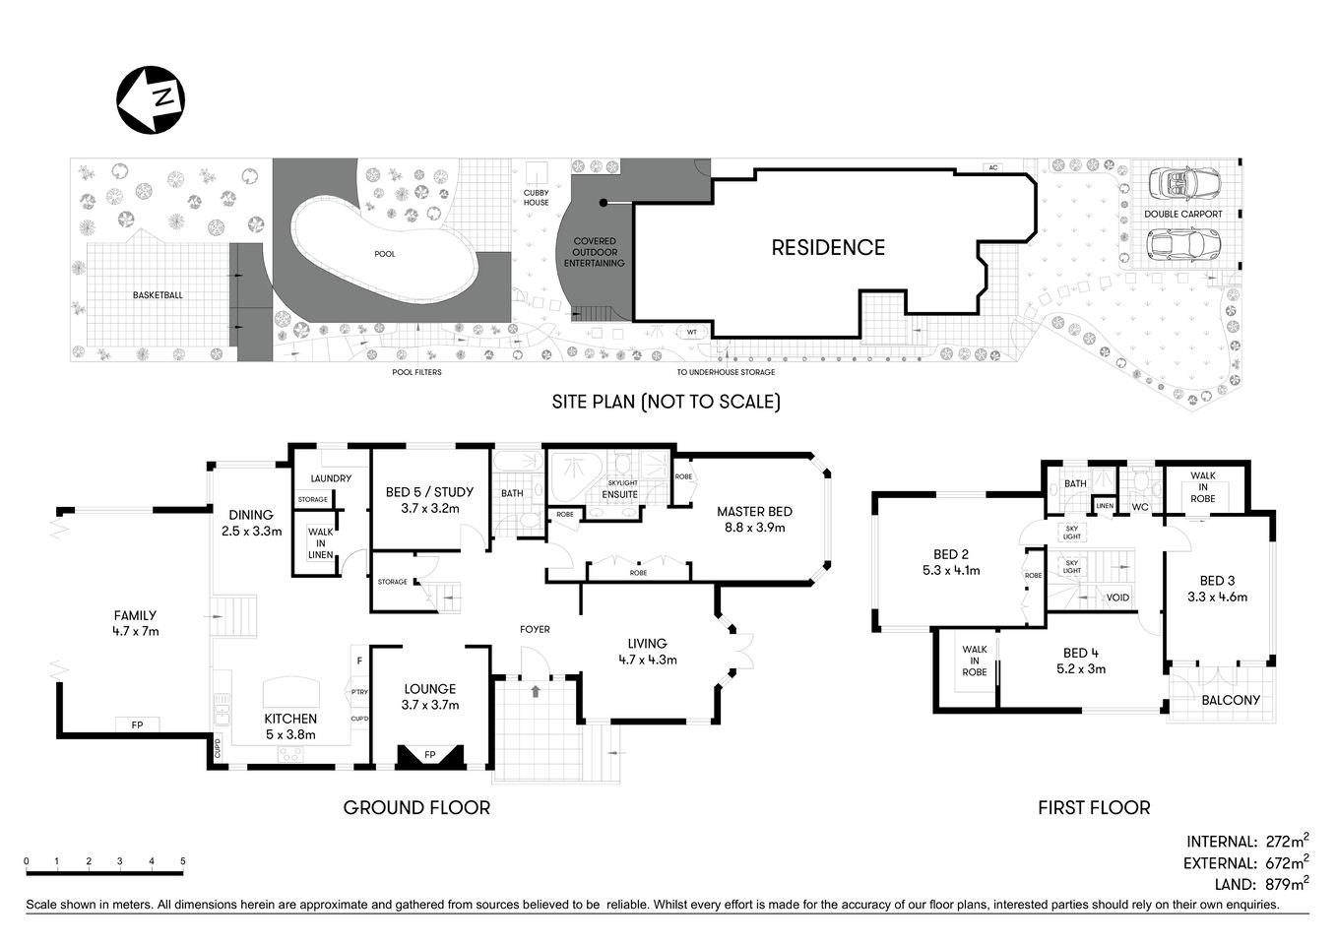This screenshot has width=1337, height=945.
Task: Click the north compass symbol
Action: [x=152, y=98]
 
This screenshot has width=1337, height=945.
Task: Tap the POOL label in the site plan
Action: [x=385, y=254]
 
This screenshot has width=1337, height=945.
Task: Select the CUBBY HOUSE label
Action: [x=537, y=198]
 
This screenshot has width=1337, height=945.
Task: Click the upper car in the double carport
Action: [x=1182, y=182]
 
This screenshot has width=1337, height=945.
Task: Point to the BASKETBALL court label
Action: [x=158, y=295]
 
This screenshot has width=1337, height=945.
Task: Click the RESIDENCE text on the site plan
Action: [x=827, y=248]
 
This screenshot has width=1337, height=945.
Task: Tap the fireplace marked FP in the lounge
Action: [x=430, y=756]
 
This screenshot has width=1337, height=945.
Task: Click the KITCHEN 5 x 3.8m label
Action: [x=290, y=726]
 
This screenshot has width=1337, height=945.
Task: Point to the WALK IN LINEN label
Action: [x=321, y=542]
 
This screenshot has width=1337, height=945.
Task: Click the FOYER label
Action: [x=535, y=629]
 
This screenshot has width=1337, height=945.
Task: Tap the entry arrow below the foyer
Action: [x=535, y=692]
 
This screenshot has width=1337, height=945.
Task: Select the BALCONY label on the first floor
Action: [x=1231, y=701]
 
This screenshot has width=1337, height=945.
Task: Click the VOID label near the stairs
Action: [x=1117, y=598]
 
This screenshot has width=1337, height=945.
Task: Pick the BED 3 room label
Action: [x=1217, y=588]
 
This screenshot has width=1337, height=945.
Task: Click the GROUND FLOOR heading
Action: [x=416, y=808]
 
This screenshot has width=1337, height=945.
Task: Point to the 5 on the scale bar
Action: [x=183, y=861]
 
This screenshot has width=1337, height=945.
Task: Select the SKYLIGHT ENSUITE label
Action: [x=622, y=489]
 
